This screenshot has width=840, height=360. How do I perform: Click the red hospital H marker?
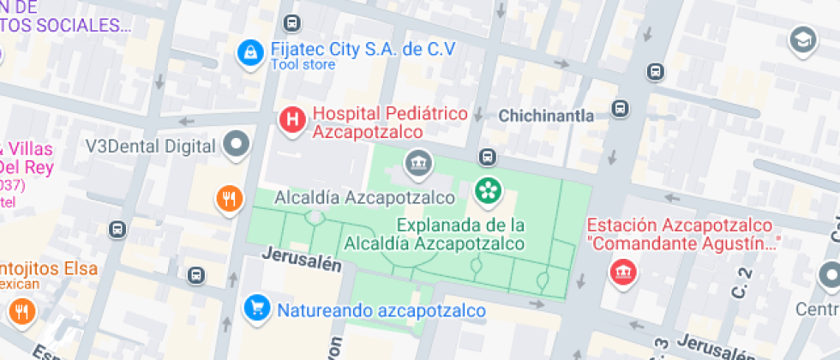pyautogui.click(x=292, y=120)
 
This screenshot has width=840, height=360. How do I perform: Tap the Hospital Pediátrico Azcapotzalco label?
pyautogui.click(x=390, y=123)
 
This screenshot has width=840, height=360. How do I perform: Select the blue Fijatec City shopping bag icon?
pyautogui.click(x=250, y=53)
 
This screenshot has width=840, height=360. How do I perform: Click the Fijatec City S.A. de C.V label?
pyautogui.click(x=363, y=48)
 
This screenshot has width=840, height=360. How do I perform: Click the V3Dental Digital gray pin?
pyautogui.click(x=237, y=143)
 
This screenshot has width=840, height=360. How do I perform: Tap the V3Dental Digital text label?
pyautogui.click(x=149, y=146)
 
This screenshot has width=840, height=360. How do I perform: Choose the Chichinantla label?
pyautogui.click(x=546, y=116)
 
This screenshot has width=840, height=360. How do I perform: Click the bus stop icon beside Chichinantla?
pyautogui.click(x=620, y=109)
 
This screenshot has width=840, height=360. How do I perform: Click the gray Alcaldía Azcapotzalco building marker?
pyautogui.click(x=418, y=161)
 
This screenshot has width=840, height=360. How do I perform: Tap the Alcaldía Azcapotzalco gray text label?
pyautogui.click(x=363, y=198)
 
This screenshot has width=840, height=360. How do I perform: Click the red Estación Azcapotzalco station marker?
pyautogui.click(x=618, y=273)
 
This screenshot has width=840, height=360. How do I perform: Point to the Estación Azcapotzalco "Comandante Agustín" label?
pyautogui.click(x=682, y=234)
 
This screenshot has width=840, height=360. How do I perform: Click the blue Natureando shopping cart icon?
pyautogui.click(x=255, y=306)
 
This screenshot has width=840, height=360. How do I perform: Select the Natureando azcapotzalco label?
pyautogui.click(x=381, y=310)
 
